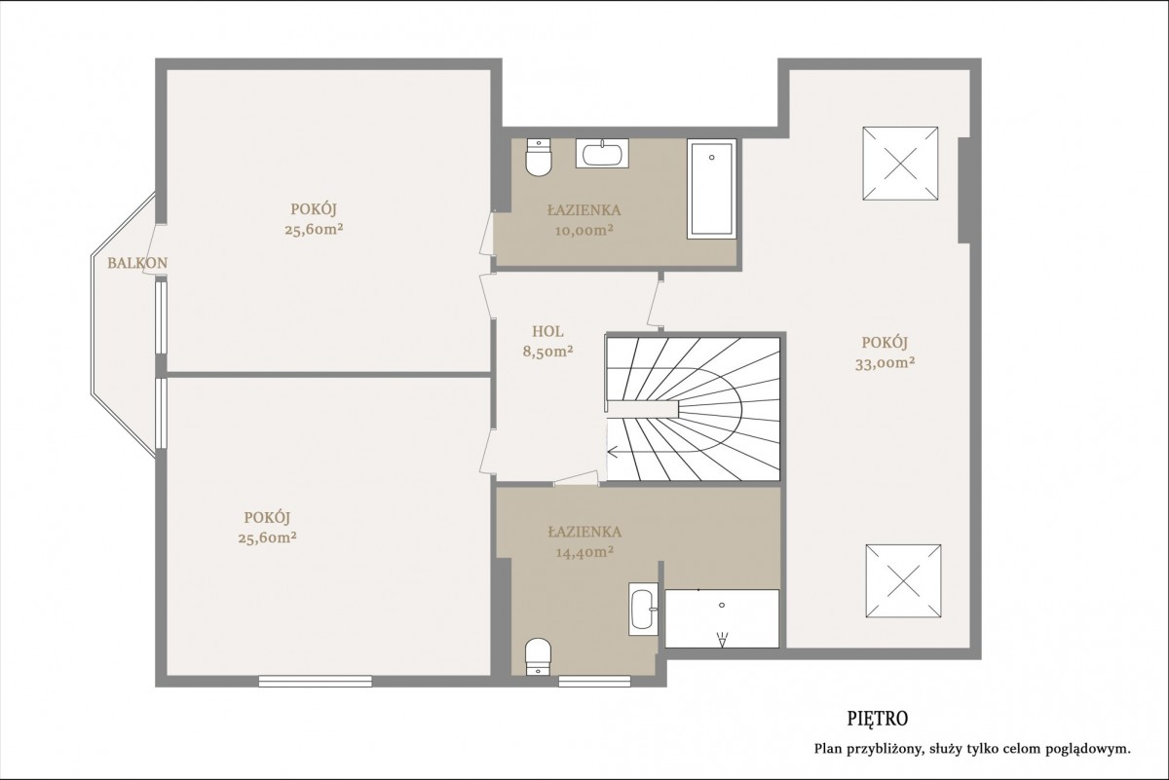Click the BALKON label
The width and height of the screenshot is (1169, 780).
click(137, 263)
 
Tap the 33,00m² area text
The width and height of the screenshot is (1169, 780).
click(885, 363)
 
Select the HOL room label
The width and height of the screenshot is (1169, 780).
click(547, 331)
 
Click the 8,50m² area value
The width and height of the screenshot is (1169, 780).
click(547, 352)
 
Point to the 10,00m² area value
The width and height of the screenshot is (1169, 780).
click(584, 231)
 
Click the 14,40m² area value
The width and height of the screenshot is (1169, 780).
click(584, 552)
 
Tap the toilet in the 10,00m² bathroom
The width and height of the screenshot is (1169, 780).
click(539, 158)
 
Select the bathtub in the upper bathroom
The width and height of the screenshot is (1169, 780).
click(711, 189)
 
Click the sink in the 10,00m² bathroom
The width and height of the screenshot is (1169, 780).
click(602, 154)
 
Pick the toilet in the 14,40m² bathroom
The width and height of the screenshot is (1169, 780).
click(539, 657)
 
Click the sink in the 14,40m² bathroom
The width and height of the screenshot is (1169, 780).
click(644, 609)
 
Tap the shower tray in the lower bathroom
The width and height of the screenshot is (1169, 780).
click(722, 618)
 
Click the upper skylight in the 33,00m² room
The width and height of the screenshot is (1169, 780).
click(900, 164)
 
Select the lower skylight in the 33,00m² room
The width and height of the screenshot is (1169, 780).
click(903, 580)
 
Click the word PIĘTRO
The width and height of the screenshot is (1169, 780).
click(878, 719)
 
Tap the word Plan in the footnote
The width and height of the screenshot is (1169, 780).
click(827, 750)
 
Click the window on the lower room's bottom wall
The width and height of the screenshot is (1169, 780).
click(316, 682)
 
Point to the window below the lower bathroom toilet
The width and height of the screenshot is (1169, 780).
click(594, 682)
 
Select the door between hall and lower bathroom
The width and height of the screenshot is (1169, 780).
click(576, 479)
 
